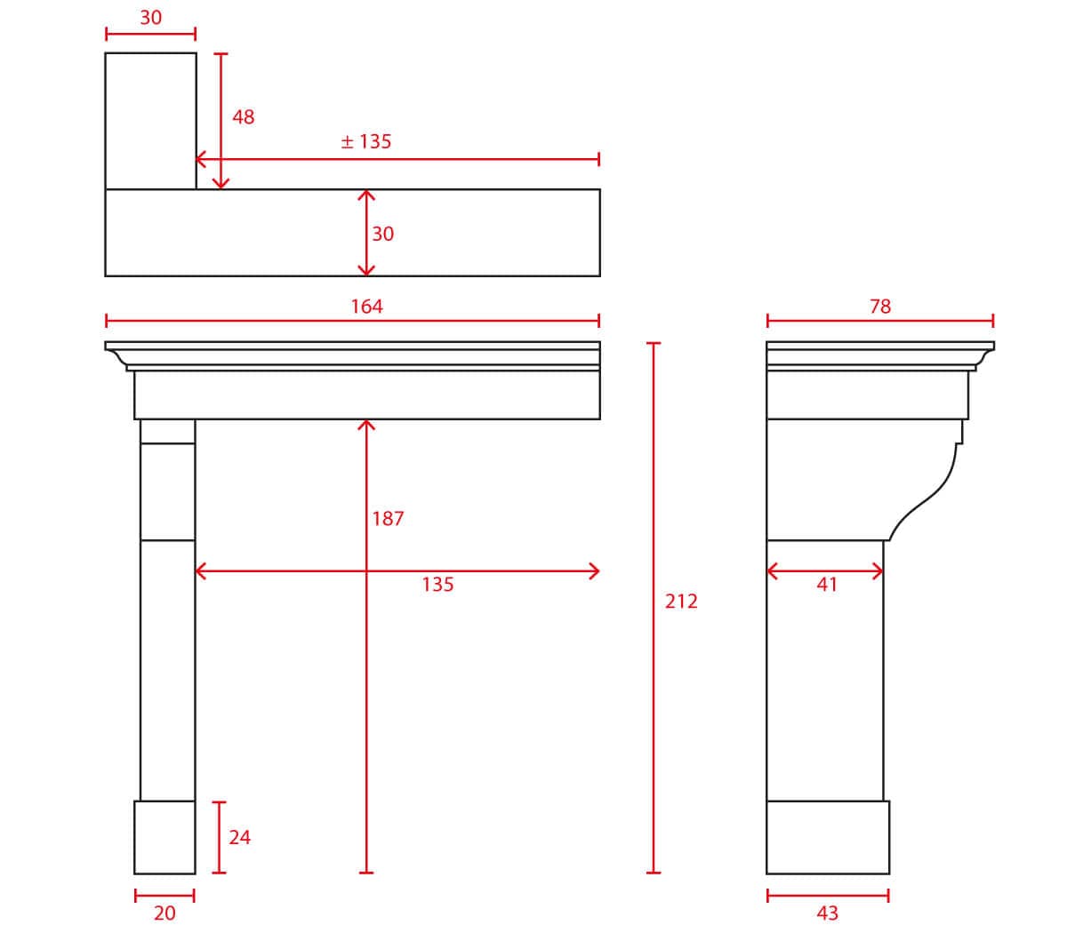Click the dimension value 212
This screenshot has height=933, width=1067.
tap(680, 602)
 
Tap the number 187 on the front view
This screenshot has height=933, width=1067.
tap(388, 519)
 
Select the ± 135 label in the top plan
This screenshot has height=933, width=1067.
tap(366, 141)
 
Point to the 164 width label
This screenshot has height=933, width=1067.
tap(366, 307)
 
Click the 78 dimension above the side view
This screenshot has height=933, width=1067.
tap(880, 307)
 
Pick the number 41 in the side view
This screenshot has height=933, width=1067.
tap(827, 585)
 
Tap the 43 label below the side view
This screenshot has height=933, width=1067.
tap(828, 913)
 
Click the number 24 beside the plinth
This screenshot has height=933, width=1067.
tap(240, 837)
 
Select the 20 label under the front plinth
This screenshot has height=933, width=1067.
tap(164, 913)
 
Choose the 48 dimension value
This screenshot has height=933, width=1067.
tap(244, 116)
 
